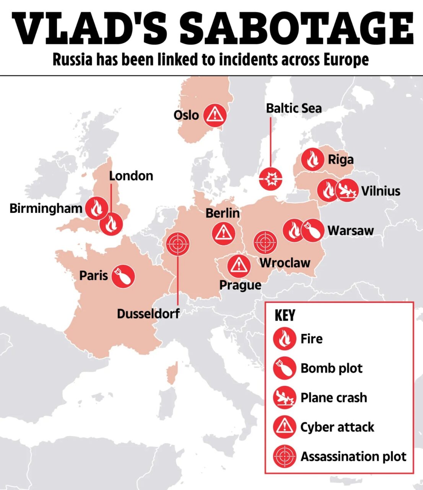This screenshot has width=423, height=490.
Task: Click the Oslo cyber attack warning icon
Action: pyautogui.click(x=215, y=115)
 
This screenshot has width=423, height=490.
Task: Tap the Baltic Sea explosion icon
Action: pyautogui.click(x=271, y=179)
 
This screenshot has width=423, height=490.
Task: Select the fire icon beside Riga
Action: pyautogui.click(x=312, y=159)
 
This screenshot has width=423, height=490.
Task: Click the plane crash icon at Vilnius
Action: pyautogui.click(x=347, y=191)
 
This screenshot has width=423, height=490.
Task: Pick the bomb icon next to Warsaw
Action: pyautogui.click(x=312, y=230)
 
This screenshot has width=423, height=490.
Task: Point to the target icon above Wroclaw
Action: pyautogui.click(x=265, y=242)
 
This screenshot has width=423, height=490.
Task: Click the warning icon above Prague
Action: pyautogui.click(x=239, y=265)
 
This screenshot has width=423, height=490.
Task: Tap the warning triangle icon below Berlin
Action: pyautogui.click(x=223, y=234)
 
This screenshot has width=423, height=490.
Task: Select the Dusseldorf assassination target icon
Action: pyautogui.click(x=178, y=244)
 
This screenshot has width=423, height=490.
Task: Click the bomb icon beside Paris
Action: pyautogui.click(x=123, y=276)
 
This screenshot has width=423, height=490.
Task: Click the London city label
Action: pyautogui.click(x=131, y=176)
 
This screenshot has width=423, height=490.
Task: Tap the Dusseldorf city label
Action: pyautogui.click(x=148, y=314)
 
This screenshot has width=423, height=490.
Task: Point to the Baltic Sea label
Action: pyautogui.click(x=294, y=108)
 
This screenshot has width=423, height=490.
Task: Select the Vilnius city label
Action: pyautogui.click(x=381, y=191)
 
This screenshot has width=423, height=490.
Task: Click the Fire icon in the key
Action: pyautogui.click(x=285, y=339)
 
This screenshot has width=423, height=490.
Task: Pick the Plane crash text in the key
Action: pyautogui.click(x=334, y=398)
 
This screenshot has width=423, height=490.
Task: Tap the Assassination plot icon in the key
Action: pyautogui.click(x=285, y=456)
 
